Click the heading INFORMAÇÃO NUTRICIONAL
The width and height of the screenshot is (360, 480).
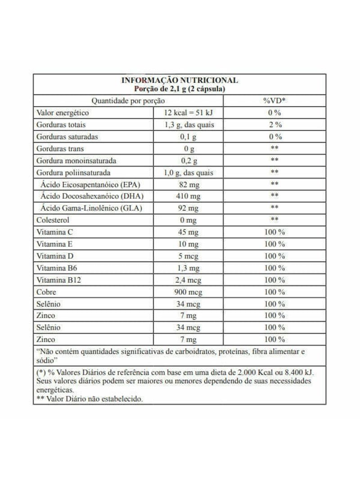180,81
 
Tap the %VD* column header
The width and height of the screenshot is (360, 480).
274,101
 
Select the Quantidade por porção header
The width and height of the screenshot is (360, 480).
128,101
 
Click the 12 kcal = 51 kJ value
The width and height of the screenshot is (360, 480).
189,113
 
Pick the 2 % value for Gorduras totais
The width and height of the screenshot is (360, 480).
274,125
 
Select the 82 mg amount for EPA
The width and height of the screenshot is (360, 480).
189,184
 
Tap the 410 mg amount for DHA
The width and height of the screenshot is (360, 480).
189,196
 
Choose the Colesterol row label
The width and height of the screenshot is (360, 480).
53,220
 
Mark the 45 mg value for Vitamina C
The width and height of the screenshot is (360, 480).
189,232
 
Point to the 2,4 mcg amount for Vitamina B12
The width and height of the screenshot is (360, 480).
189,280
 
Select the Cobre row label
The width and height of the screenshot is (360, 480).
46,292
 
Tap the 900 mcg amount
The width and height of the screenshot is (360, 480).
189,292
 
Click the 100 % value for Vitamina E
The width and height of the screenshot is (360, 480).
274,244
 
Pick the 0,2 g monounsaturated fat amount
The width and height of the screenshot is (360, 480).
189,161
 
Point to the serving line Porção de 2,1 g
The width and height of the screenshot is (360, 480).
180,89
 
